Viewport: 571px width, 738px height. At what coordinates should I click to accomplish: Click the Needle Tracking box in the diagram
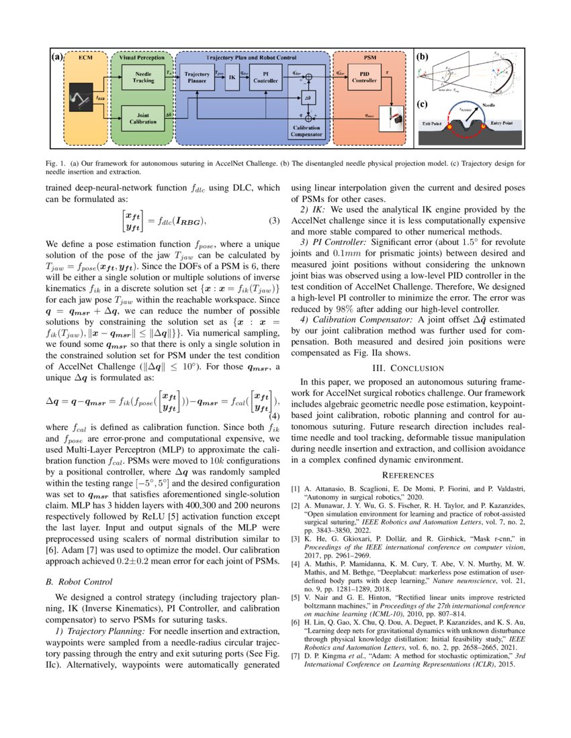143,77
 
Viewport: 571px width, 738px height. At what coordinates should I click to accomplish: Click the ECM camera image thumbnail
81,99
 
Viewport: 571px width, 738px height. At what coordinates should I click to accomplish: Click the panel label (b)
423,58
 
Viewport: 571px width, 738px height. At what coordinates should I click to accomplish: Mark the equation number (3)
274,221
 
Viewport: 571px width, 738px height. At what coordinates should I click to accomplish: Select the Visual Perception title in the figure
142,58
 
